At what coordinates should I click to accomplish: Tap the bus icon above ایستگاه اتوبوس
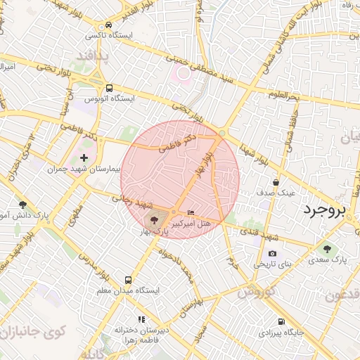click(x=109, y=89)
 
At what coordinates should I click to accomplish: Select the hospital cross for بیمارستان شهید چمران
click(x=84, y=157)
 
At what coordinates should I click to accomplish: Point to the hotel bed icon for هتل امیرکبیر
click(x=191, y=213)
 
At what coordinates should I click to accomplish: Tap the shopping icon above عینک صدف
click(x=276, y=182)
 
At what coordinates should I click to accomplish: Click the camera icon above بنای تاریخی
click(x=272, y=254)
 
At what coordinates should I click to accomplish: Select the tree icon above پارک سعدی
click(x=327, y=249)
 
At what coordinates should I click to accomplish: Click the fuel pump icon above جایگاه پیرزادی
click(x=281, y=321)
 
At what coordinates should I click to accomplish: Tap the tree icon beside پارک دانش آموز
click(x=22, y=205)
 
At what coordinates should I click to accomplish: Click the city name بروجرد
click(x=331, y=209)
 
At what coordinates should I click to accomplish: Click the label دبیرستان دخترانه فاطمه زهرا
click(x=141, y=333)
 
